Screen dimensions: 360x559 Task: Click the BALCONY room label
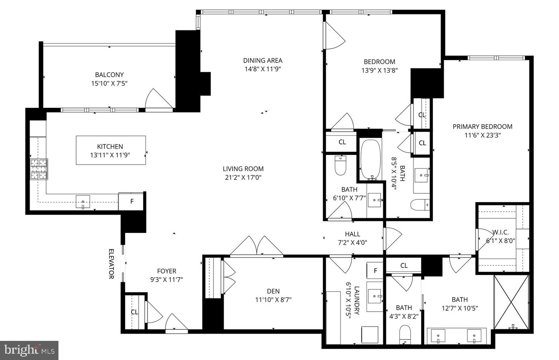coord(109,75)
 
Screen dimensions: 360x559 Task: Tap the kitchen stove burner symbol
coord(39,169)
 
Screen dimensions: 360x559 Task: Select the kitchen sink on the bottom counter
coord(83,202)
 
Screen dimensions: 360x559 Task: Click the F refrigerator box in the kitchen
coord(132,202)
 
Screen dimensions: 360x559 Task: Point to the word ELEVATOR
coord(111,264)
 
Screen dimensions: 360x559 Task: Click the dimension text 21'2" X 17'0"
coord(243,177)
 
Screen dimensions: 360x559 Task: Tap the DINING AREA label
coord(262,60)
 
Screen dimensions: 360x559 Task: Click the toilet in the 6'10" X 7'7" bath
coord(340,166)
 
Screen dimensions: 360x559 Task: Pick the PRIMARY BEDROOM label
coord(482,126)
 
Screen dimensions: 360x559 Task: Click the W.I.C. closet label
coord(500,232)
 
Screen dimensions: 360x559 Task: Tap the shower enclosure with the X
coord(511,302)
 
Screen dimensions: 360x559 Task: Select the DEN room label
coord(273,291)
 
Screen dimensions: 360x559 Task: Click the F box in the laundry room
coord(375,271)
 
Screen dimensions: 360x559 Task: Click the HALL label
coord(352,234)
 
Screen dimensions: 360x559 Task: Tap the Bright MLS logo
coord(29,351)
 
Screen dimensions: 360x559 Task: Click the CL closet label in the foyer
coord(134,312)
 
